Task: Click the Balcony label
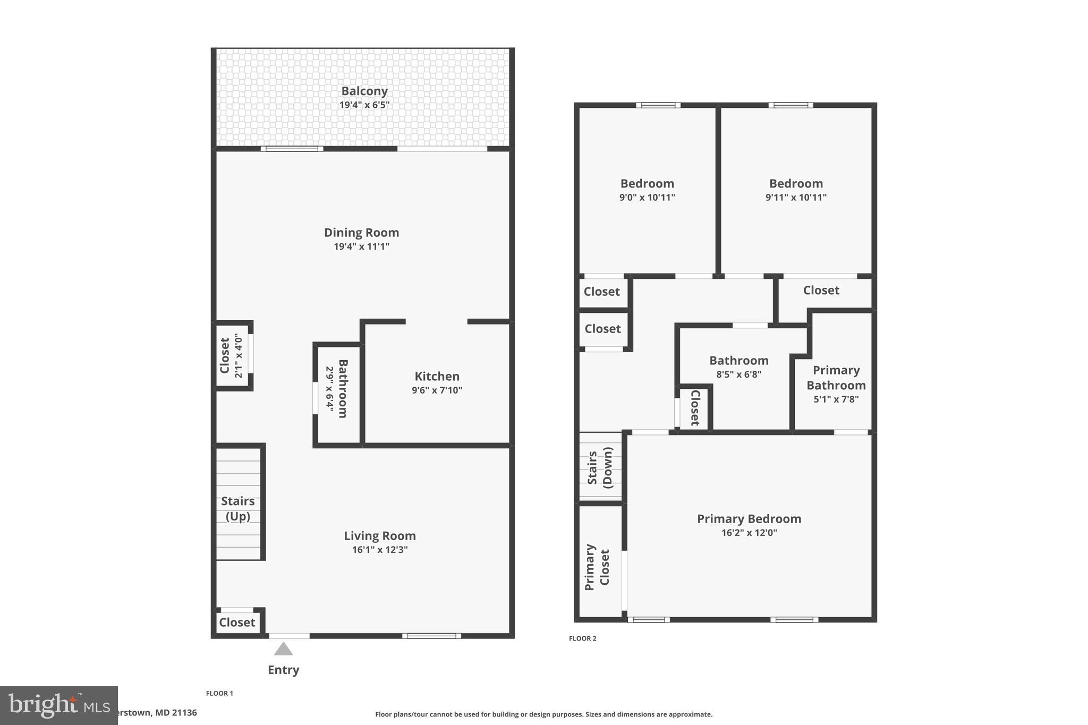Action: [364, 91]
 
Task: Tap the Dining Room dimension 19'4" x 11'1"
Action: [361, 246]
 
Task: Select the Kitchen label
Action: [437, 377]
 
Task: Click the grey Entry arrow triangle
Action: [283, 649]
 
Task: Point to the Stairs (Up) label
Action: [237, 508]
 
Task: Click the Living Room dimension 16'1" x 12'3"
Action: [379, 550]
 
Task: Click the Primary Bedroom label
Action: [749, 519]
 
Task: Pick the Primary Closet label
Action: [597, 567]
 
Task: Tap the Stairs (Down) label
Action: [600, 467]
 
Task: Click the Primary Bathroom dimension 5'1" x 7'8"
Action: [836, 399]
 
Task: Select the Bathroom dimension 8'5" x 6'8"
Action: [738, 374]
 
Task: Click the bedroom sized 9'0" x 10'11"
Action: [647, 190]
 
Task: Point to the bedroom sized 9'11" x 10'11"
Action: [795, 190]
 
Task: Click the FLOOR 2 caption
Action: [582, 638]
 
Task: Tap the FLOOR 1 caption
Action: [219, 693]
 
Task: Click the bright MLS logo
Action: [58, 705]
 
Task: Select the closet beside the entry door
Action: [237, 622]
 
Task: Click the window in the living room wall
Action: [431, 636]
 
